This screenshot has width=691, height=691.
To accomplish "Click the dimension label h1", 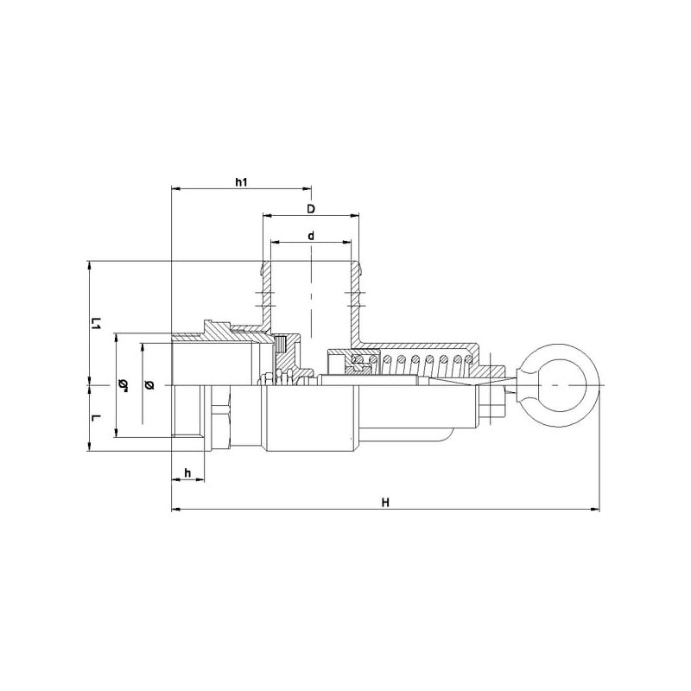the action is coord(241,182).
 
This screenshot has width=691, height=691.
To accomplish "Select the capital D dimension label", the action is coord(311,208).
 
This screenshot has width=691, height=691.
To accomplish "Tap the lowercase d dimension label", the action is coord(311,236).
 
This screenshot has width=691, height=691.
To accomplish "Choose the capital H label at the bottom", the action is coord(385,503).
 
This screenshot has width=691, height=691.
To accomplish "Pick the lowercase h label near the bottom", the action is coord(187,473).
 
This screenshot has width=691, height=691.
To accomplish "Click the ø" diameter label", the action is coord(124,384).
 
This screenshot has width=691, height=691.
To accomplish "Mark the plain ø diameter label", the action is coord(149,384).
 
